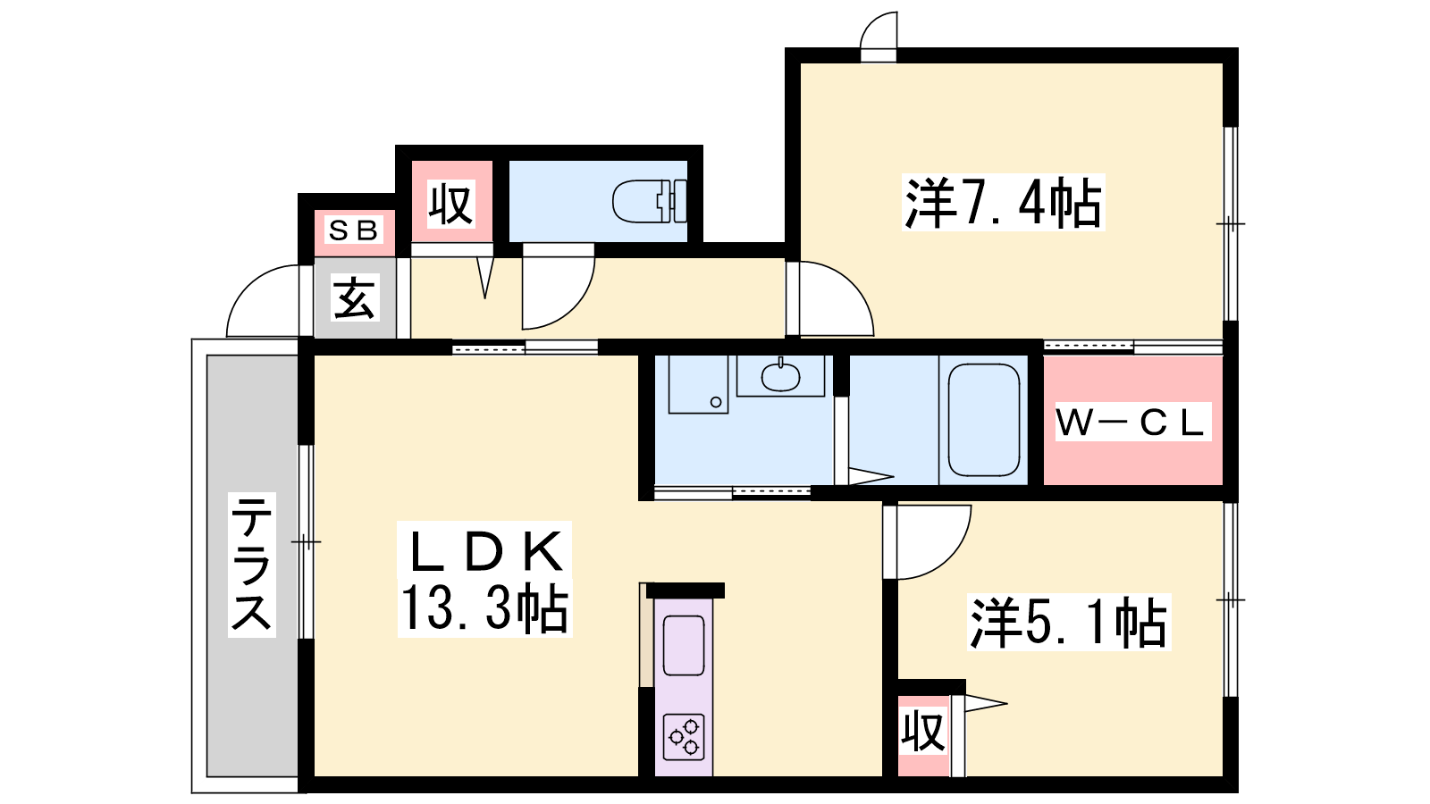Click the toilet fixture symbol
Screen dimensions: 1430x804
tap(649, 202)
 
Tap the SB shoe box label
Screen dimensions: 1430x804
tap(354, 230)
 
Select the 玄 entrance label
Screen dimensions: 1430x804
tap(355, 298)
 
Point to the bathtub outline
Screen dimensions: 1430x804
tap(983, 420)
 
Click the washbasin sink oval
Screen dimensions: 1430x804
tap(780, 376)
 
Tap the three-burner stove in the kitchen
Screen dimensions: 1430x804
tap(684, 737)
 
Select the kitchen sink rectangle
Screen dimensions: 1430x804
tap(684, 645)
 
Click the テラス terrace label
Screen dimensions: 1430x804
tap(252, 565)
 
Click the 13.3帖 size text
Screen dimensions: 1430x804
tap(484, 608)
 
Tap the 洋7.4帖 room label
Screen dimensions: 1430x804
tap(1003, 202)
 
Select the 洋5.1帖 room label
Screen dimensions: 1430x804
tap(1069, 622)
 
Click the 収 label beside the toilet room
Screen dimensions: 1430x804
tap(451, 205)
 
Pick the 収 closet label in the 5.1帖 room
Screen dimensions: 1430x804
tap(923, 732)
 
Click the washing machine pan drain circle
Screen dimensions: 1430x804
tap(716, 402)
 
